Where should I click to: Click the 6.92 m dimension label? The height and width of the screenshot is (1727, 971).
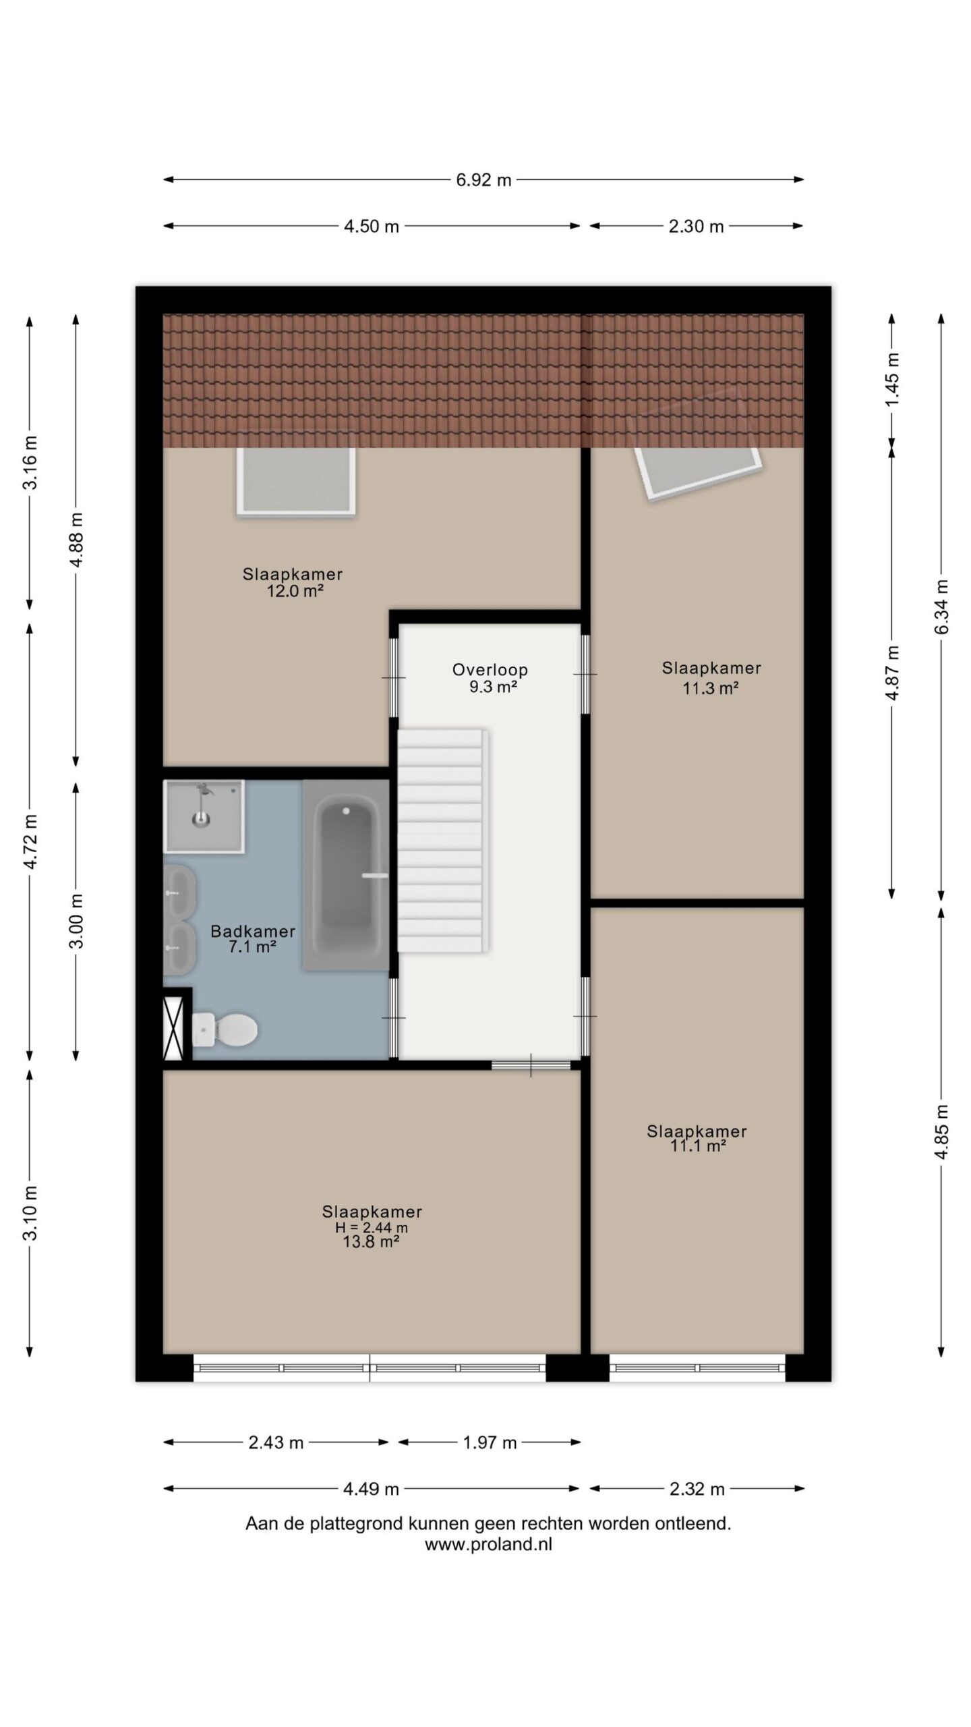[483, 180]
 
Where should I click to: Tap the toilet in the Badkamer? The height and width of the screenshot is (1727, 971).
[225, 1029]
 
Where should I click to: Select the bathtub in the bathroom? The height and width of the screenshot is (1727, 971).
[346, 875]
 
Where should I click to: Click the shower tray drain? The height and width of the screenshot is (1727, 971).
[201, 819]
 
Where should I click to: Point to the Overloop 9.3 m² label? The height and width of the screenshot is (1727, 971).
[490, 678]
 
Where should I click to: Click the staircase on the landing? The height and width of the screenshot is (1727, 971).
[442, 840]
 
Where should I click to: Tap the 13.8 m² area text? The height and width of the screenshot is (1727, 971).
[372, 1242]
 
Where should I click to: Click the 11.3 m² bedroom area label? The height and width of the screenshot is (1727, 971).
[711, 688]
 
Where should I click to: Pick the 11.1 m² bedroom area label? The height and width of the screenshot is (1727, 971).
[697, 1145]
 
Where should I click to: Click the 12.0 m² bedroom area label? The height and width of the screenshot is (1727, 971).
[294, 591]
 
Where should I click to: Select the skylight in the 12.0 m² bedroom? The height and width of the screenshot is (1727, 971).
[296, 481]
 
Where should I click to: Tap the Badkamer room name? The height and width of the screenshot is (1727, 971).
[253, 931]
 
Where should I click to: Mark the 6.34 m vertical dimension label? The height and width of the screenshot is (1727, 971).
[942, 606]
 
